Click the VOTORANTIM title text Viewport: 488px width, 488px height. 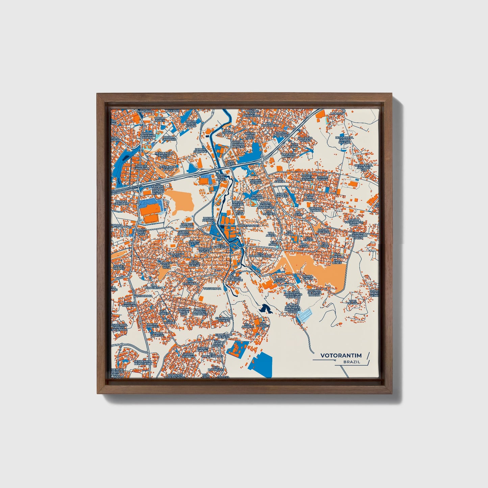(x=341, y=355)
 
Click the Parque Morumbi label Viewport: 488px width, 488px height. (x=187, y=225)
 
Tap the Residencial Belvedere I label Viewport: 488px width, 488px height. (x=143, y=362)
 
